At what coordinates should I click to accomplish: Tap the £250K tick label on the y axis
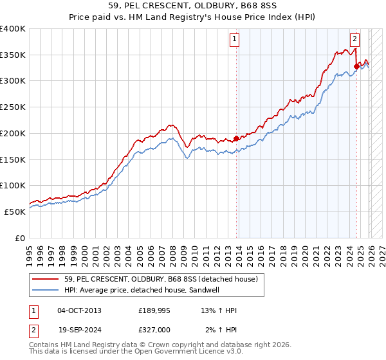click(x=13, y=107)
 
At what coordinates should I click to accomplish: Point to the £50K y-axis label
click(x=15, y=212)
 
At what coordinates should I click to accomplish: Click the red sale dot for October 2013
click(x=236, y=138)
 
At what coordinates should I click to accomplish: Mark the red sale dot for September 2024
click(x=356, y=66)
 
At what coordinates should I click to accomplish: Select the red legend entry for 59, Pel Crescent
click(x=161, y=279)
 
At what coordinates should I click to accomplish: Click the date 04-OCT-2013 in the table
click(x=79, y=310)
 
